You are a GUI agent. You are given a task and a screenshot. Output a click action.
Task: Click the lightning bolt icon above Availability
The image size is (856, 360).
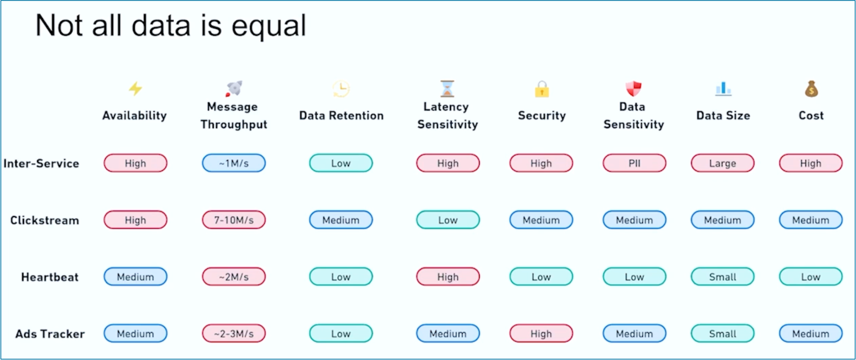(135, 88)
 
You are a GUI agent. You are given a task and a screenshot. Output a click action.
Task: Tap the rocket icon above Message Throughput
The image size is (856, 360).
(234, 88)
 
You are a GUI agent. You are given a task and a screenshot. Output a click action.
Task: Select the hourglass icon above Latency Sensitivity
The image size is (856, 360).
(447, 88)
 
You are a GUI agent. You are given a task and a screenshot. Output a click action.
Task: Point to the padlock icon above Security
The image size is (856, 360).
(542, 89)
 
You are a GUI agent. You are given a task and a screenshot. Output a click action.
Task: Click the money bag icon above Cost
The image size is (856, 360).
(811, 89)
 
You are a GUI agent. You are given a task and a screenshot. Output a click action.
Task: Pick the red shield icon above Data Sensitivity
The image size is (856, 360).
(633, 88)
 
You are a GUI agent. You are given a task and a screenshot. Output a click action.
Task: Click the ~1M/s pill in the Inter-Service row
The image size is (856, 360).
(234, 163)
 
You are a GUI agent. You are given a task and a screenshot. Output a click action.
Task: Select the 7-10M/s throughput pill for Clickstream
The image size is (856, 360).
(234, 220)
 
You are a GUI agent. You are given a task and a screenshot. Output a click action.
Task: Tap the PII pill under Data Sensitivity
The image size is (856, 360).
(634, 163)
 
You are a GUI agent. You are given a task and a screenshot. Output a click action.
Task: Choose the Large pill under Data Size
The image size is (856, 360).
(722, 163)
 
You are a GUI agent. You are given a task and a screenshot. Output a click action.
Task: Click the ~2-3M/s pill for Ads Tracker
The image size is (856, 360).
(234, 334)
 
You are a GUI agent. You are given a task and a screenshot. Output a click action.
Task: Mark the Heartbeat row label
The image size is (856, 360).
(50, 277)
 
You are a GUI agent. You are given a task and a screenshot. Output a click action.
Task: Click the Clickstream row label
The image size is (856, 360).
(44, 220)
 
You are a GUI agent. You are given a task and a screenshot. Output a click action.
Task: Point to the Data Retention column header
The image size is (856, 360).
(341, 115)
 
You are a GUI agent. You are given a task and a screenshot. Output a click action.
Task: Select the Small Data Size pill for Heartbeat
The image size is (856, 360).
(722, 277)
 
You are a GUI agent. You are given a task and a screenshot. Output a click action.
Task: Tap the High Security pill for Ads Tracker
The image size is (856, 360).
(541, 334)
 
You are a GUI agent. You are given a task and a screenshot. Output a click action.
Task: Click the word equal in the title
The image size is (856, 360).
(269, 26)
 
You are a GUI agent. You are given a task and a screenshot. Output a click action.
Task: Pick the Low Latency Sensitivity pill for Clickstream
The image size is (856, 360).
(448, 220)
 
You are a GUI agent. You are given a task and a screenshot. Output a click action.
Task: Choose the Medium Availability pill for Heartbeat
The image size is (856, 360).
(135, 277)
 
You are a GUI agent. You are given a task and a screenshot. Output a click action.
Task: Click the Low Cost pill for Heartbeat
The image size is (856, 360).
(810, 277)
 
